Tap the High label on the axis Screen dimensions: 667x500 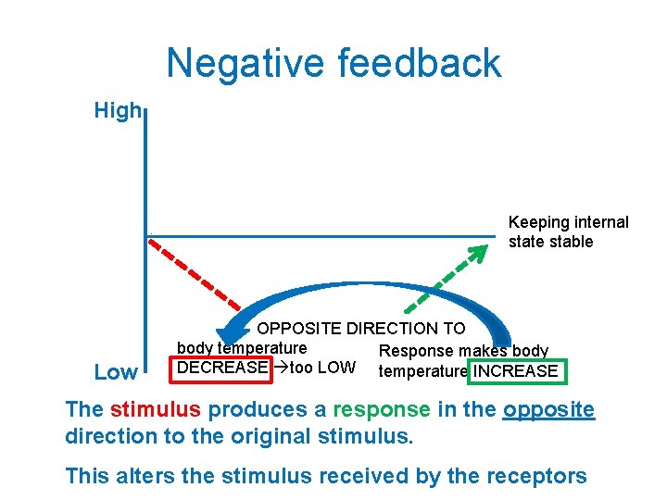[117, 111]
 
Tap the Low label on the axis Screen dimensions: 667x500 [116, 372]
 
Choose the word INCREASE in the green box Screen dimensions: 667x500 [515, 372]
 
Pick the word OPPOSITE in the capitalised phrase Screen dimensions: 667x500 [300, 329]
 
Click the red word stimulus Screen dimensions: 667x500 [155, 409]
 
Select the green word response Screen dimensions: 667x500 [382, 409]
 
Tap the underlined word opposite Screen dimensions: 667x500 [548, 409]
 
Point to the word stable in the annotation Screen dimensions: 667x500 [571, 242]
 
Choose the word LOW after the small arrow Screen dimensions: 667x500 [335, 368]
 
